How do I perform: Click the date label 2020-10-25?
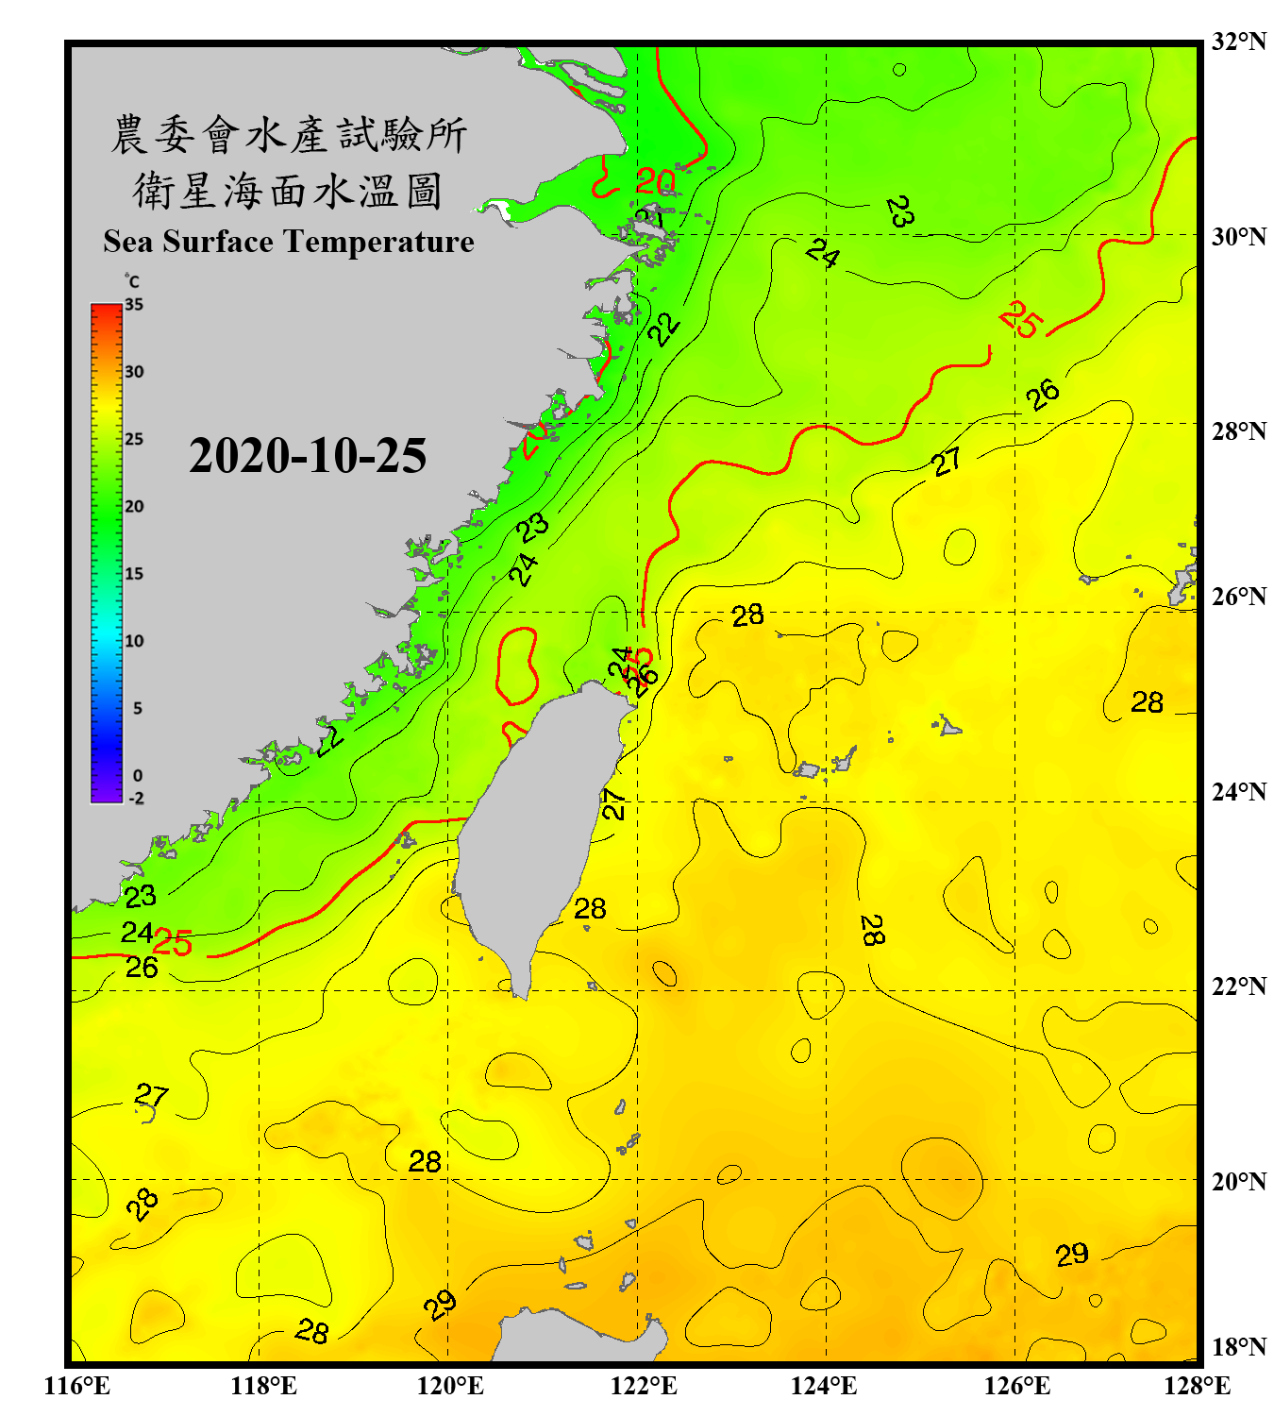pos(308,456)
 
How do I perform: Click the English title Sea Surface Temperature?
pos(289,242)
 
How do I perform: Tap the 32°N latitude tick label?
pos(1238,42)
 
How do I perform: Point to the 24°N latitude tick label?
pos(1238,791)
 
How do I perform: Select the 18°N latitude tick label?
pos(1238,1347)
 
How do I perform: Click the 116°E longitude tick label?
pos(77,1386)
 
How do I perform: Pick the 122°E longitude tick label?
pos(644,1386)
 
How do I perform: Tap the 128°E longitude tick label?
pos(1197,1386)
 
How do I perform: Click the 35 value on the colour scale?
pos(134,305)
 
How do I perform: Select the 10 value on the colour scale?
pos(134,641)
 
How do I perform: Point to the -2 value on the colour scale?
pos(136,798)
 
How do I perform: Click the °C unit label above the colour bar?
pos(132,281)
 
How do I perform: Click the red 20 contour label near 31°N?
pos(655,180)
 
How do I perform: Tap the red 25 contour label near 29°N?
pos(1021,319)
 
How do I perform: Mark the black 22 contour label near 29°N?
pos(663,329)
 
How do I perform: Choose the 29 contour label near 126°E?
pos(1072,1255)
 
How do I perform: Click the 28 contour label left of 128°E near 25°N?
pos(1148,702)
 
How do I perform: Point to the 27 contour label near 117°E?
pos(151,1095)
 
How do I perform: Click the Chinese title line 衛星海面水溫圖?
pos(288,191)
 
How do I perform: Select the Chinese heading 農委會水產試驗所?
pos(289,134)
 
